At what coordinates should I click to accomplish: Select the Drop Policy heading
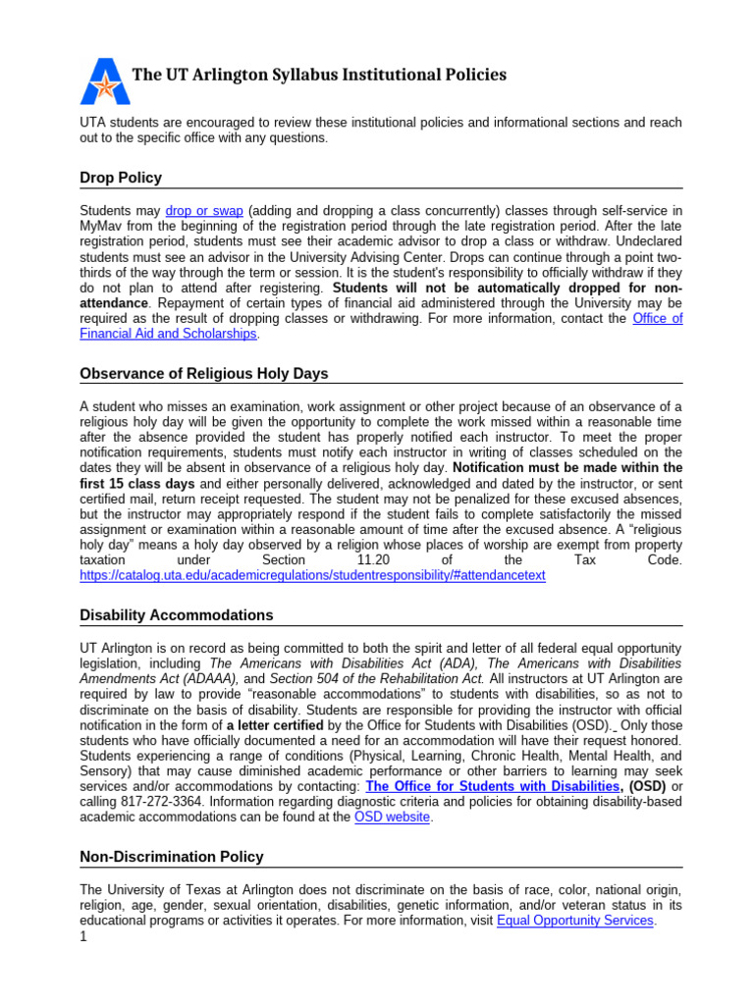tap(121, 178)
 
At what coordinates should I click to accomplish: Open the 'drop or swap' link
tap(204, 211)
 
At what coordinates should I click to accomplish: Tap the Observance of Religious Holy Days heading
tap(204, 374)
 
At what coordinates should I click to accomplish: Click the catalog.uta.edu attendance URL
tap(312, 575)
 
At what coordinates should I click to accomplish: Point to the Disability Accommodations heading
tap(177, 615)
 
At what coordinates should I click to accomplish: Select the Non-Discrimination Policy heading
tap(172, 857)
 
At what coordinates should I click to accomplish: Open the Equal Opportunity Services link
tap(575, 921)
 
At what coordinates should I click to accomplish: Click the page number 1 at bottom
tap(83, 937)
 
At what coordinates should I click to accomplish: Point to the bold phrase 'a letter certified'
tap(279, 725)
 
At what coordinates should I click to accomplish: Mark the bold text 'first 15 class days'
tap(137, 484)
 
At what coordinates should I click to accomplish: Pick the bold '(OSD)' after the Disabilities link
tap(648, 787)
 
